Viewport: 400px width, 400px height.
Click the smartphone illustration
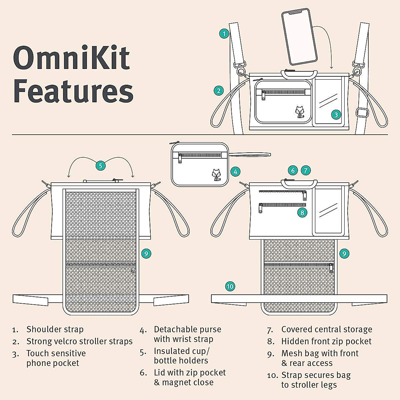[299, 37]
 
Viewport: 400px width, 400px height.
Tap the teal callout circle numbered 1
[224, 34]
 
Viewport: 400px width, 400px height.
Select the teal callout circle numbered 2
[219, 91]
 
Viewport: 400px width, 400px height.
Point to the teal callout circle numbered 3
[336, 115]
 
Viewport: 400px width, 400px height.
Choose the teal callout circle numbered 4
[235, 172]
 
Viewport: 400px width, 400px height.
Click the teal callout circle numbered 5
[100, 166]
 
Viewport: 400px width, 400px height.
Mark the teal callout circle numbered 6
[293, 170]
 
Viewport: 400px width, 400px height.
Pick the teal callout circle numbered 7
[306, 170]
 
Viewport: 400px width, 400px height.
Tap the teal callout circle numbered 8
[302, 212]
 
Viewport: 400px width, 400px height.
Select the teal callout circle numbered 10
[230, 286]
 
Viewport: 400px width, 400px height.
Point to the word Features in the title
[73, 91]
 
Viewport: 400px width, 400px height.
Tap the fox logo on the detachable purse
[217, 175]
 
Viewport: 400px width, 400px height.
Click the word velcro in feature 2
[66, 341]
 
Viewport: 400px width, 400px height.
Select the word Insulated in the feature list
[172, 351]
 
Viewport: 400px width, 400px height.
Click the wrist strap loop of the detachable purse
[250, 154]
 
